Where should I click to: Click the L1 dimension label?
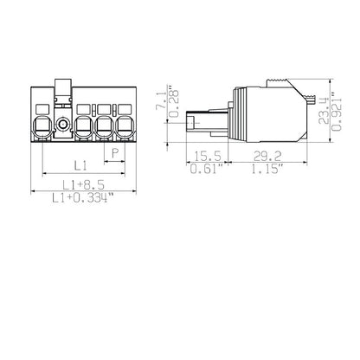click(x=79, y=164)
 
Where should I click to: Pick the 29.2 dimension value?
click(x=267, y=156)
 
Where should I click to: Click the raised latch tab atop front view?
click(x=62, y=86)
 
